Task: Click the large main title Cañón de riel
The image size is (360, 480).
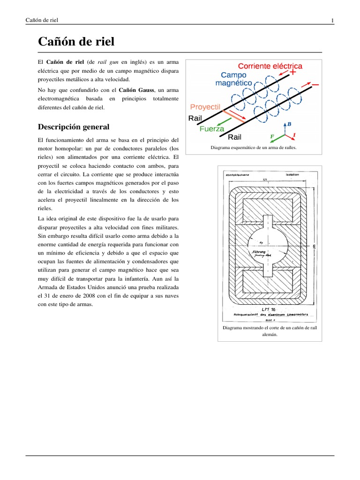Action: tap(76, 42)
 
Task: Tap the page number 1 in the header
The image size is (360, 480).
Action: tap(332, 20)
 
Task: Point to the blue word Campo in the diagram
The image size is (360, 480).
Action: tap(233, 75)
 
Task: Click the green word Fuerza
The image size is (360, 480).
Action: tap(211, 128)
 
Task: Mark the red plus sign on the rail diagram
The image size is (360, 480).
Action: tap(293, 73)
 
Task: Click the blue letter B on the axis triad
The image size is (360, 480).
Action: tap(289, 124)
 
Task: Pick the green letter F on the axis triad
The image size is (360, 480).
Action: tap(271, 136)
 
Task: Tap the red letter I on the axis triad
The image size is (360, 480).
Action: tap(294, 135)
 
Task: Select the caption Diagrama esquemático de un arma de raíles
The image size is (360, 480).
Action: tap(253, 147)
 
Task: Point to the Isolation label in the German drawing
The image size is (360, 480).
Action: tap(292, 174)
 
